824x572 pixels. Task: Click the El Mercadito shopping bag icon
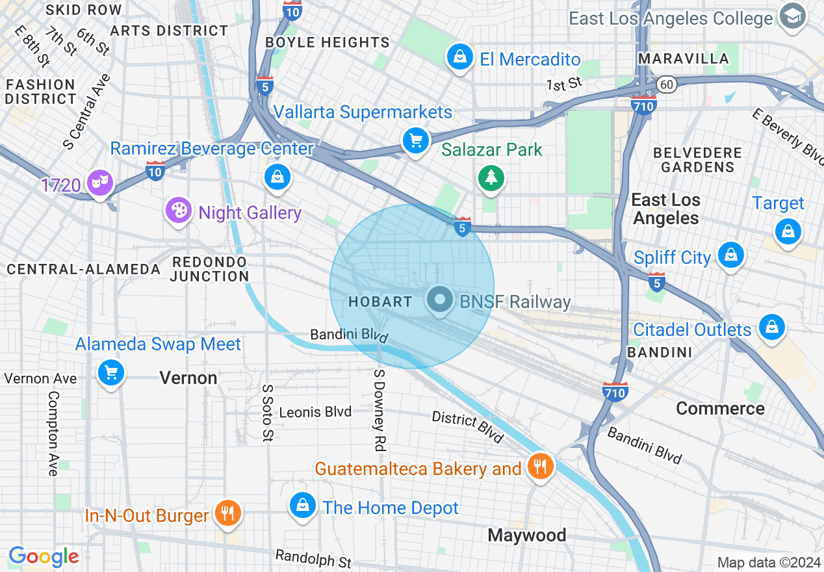coord(460,57)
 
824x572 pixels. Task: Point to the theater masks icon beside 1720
coord(99,182)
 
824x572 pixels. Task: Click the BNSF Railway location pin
coord(440,300)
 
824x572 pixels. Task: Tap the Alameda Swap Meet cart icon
coord(111,372)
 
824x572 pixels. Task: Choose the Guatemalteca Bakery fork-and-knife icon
coord(540,466)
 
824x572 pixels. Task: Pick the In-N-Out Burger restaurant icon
coord(227,513)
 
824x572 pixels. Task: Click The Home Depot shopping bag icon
coord(303,505)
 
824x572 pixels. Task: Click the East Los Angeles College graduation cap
coord(792,16)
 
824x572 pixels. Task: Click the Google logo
coord(44,556)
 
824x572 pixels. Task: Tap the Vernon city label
coord(188,378)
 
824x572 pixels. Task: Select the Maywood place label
coord(527,535)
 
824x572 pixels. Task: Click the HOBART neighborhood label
coord(380,302)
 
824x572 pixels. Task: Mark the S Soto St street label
coord(267,413)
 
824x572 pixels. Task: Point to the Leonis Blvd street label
coord(315,412)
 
